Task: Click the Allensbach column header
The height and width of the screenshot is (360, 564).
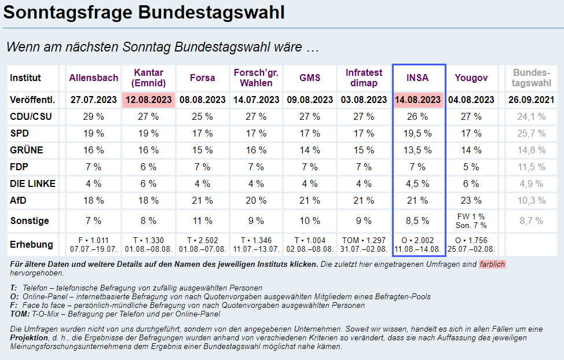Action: tap(94, 78)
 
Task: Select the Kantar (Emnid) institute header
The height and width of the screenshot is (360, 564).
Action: tap(148, 78)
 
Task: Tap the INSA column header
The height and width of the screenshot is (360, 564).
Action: tap(418, 78)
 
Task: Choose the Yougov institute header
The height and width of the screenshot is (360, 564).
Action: tap(471, 78)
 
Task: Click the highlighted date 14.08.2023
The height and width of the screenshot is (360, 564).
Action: tap(418, 100)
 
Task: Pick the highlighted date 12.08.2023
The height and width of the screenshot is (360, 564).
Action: tap(148, 100)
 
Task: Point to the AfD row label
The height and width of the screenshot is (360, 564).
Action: tap(19, 201)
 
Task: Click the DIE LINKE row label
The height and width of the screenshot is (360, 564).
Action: tap(32, 184)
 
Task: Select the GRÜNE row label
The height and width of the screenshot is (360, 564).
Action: tap(27, 150)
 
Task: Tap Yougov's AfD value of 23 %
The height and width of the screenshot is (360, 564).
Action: tap(471, 201)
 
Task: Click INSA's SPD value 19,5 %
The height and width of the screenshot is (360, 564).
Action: tap(418, 134)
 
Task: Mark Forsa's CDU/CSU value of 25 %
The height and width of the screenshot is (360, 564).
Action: tap(202, 116)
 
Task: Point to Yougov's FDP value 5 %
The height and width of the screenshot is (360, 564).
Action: tap(471, 167)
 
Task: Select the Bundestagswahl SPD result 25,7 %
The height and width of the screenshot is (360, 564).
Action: tap(531, 134)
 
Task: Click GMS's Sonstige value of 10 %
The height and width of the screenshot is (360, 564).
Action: tap(310, 221)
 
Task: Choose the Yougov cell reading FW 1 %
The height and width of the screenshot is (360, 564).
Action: tap(471, 216)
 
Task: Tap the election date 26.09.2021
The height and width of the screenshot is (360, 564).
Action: tap(531, 100)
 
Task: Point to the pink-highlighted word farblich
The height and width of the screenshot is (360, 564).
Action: tap(492, 265)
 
